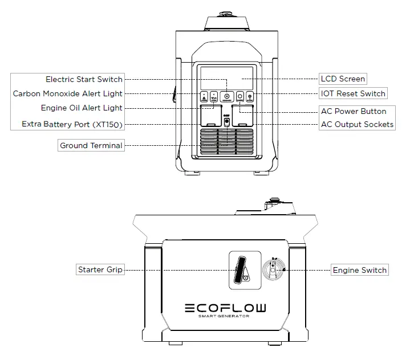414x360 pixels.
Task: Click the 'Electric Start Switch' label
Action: (84, 79)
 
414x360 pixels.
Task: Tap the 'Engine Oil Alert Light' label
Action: (82, 108)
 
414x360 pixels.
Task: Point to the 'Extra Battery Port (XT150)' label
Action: (72, 124)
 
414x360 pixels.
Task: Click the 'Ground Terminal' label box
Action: (91, 145)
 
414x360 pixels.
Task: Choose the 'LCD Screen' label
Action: (342, 79)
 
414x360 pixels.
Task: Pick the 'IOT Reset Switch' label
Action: (353, 93)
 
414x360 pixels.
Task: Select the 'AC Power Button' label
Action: (353, 111)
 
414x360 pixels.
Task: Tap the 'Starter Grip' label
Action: (100, 269)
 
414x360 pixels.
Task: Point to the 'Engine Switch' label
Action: (359, 269)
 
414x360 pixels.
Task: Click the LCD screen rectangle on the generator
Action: (227, 76)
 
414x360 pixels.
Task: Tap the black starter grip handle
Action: (240, 268)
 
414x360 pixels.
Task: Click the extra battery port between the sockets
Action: (227, 121)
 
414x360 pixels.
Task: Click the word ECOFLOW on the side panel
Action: (225, 308)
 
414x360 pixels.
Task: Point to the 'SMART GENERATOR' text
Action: (225, 317)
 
